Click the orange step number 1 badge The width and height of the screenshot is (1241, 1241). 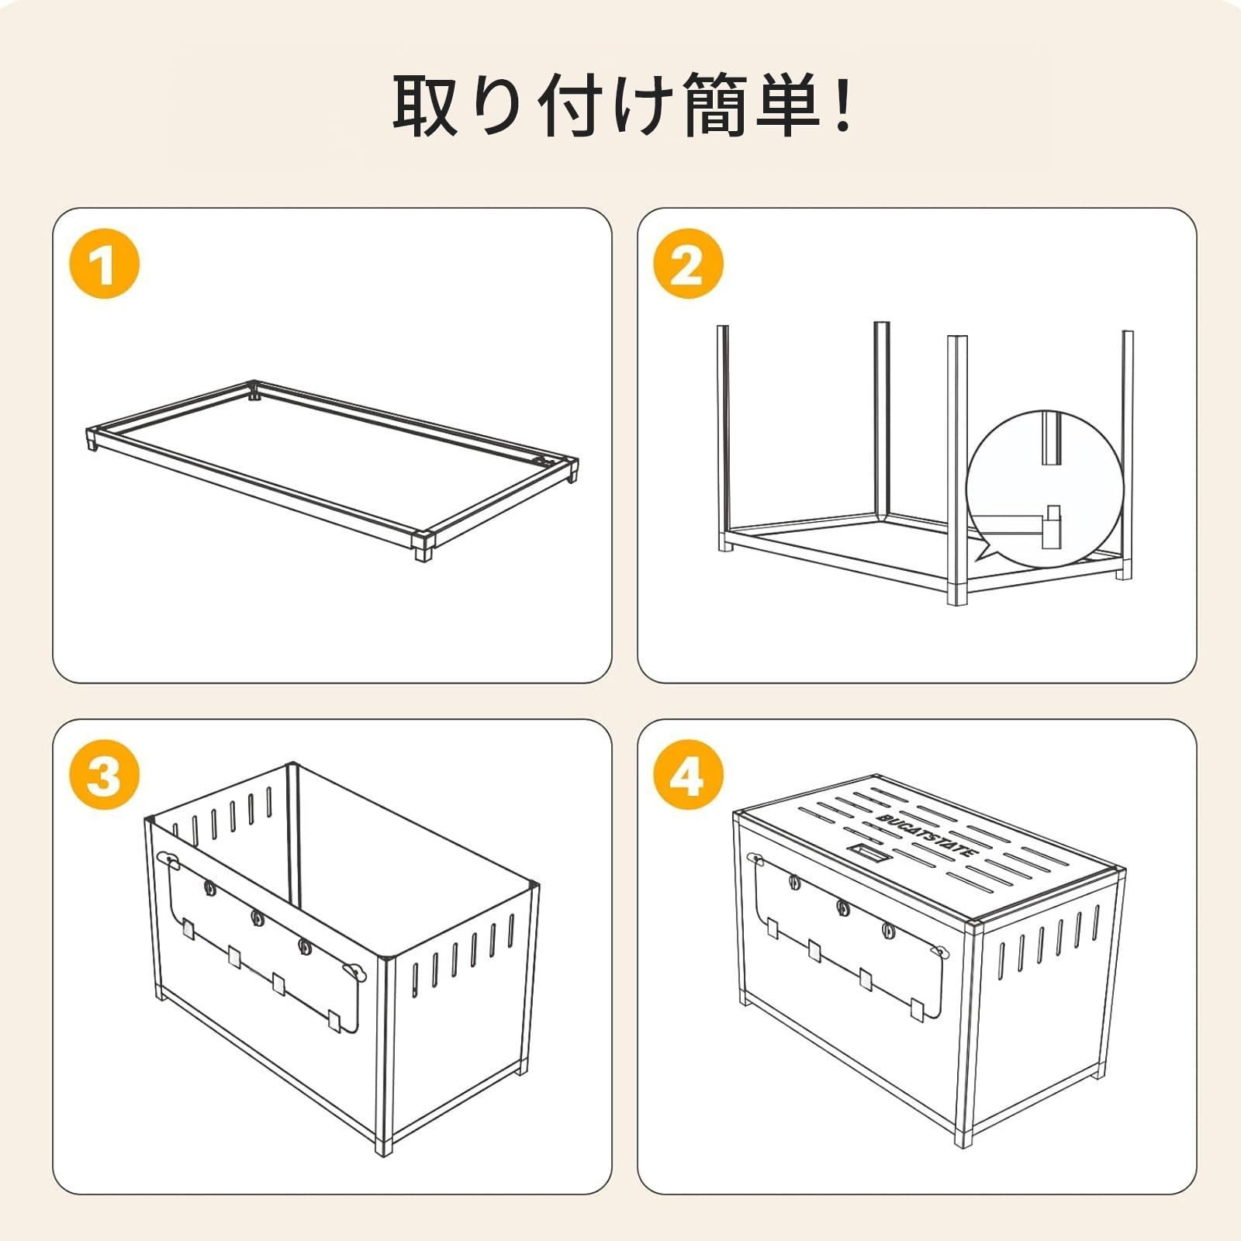point(105,264)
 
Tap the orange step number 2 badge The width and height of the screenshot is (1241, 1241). point(687,264)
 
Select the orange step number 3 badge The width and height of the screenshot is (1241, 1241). point(105,775)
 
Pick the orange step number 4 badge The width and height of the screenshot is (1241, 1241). point(687,775)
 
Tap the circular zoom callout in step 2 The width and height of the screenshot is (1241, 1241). point(1046,489)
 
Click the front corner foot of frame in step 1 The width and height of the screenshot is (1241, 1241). point(422,548)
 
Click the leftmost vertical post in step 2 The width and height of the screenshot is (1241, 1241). point(723,434)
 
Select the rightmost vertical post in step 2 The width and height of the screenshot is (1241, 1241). point(1127,450)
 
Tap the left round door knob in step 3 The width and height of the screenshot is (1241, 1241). point(209,887)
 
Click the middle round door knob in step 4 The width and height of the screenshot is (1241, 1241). point(842,905)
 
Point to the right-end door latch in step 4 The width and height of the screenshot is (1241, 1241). point(940,951)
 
